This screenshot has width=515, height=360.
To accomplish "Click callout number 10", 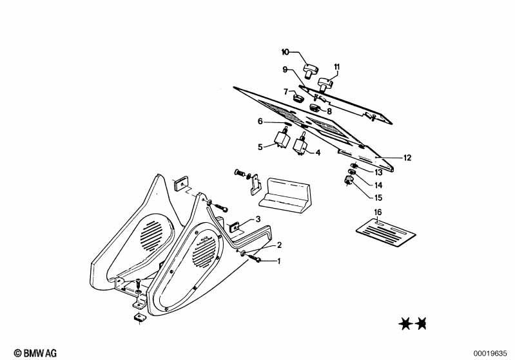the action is pos(285,52).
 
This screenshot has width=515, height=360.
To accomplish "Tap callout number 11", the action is pos(337,67).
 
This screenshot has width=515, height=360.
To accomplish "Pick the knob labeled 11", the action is pos(326,84).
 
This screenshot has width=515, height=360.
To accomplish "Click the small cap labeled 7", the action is pos(298,98).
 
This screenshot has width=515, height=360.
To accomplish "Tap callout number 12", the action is pos(407,158).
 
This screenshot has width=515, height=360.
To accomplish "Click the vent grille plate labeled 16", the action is pos(386,232).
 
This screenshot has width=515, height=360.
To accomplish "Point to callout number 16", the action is pos(378,212).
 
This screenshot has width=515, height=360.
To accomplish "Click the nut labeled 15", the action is pos(348,180).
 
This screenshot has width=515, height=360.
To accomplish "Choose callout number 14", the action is pos(378,185).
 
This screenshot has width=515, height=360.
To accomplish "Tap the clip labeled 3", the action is pos(235,227).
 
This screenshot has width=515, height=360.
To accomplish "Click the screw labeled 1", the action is pos(255,259).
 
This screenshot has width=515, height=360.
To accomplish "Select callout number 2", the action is pos(279,245).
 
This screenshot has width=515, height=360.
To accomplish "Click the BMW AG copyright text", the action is pos(35,353).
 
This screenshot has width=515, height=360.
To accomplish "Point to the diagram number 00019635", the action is pos(490,354).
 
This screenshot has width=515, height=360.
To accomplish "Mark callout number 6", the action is pos(260,122).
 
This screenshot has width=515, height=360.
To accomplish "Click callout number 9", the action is pos(285,70).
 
